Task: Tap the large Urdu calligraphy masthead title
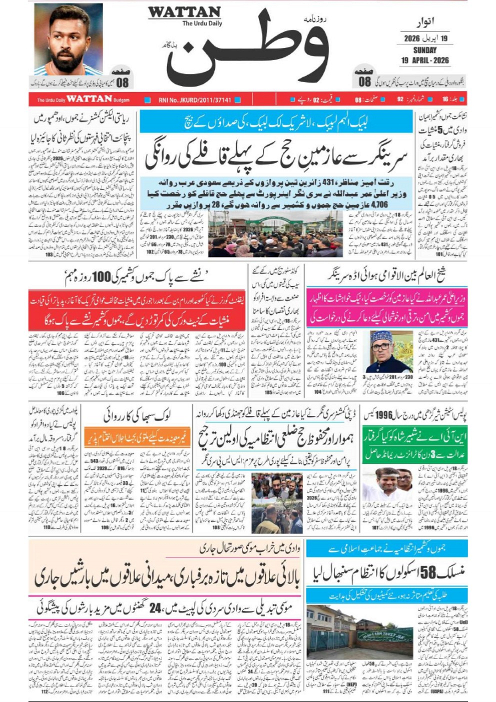point(248,52)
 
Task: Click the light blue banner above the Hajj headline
point(276,121)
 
